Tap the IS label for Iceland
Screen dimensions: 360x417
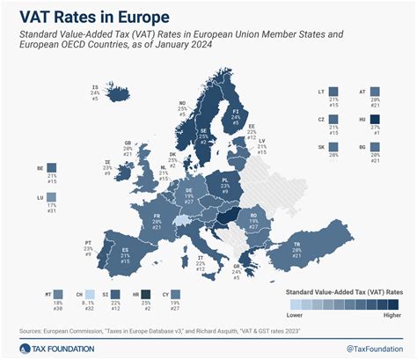coord(94,86)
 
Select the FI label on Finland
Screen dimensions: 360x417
coord(236,113)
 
